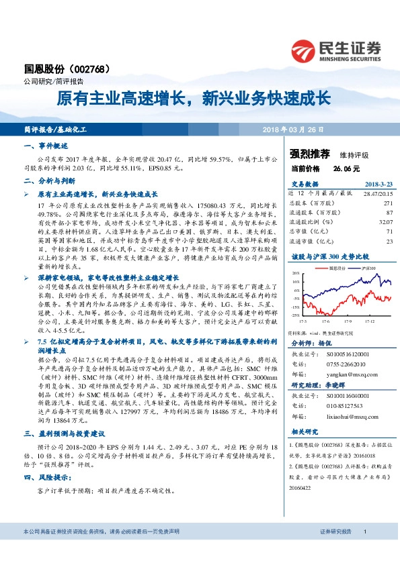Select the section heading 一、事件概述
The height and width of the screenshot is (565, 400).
46,145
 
